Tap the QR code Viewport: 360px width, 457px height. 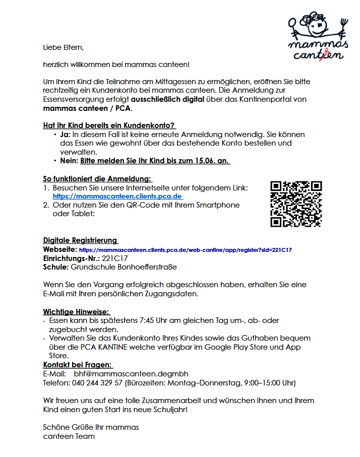coord(296,204)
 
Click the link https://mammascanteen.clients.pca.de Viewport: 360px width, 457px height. coord(117,196)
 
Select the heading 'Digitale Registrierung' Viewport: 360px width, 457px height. coord(80,240)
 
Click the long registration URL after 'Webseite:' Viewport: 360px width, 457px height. coord(186,249)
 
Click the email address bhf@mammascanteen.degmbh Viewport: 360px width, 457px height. coord(131,373)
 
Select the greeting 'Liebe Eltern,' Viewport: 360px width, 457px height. coord(63,47)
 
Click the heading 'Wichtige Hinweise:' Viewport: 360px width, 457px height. coord(76,312)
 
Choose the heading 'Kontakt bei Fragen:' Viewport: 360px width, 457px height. coord(78,365)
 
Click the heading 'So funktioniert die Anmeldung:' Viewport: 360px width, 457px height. coord(97,179)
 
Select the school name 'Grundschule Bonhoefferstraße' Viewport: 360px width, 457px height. coord(124,267)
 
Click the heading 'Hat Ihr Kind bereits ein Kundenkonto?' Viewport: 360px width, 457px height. coord(109,125)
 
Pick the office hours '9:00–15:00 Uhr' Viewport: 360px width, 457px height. coord(269,382)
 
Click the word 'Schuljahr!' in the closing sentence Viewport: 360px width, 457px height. coord(169,409)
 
